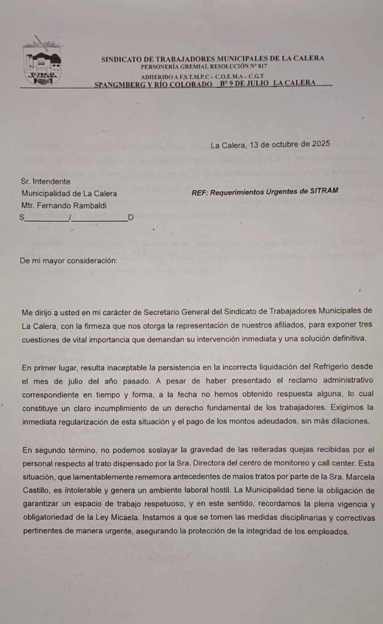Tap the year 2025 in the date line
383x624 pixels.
320,144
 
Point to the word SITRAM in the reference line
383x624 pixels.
324,191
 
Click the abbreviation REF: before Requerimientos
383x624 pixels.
200,192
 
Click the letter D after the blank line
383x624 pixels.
130,217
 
